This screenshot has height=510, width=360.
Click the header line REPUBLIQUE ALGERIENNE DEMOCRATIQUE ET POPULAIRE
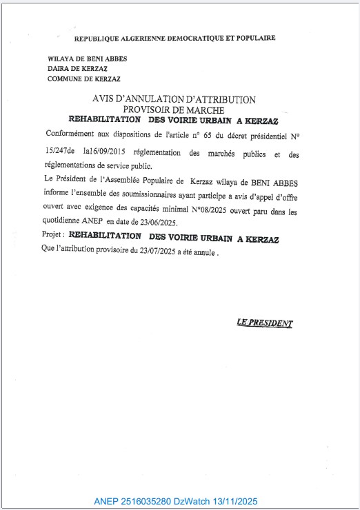pyautogui.click(x=174, y=38)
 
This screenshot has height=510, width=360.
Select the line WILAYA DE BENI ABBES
pyautogui.click(x=87, y=59)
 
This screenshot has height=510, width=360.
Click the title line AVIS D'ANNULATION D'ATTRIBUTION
pyautogui.click(x=174, y=99)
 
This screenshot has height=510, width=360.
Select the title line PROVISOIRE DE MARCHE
pyautogui.click(x=174, y=109)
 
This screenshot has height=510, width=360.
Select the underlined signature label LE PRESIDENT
pyautogui.click(x=264, y=323)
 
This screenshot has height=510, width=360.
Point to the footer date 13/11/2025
pyautogui.click(x=238, y=502)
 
